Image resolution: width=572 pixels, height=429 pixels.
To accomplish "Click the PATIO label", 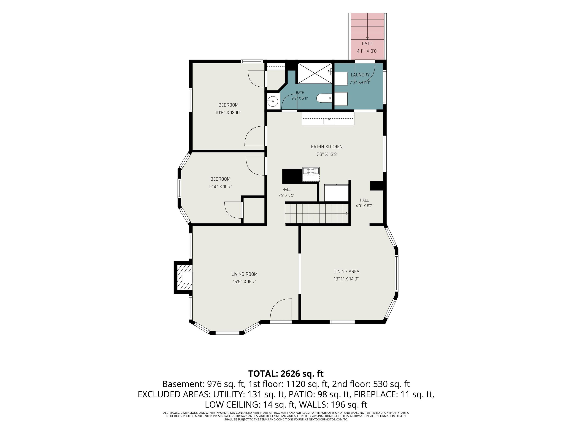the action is point(367,43).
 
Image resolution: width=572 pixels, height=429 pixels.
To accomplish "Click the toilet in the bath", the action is point(324,98).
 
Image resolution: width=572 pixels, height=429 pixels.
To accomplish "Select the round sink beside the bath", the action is point(273,101).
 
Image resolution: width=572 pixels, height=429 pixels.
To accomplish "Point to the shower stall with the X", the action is point(315,73).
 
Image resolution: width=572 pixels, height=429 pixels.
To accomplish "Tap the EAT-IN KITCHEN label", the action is point(327,147).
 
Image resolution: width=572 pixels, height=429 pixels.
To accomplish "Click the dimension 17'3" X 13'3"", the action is point(327,154).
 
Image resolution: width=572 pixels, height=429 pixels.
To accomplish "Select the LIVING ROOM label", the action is point(244,274).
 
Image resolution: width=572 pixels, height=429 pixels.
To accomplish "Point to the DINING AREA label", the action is point(346,271).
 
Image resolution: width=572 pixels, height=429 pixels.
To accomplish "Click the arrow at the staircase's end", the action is point(347,214).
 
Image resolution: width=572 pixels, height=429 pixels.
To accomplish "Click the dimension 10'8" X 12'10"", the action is point(228,112).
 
